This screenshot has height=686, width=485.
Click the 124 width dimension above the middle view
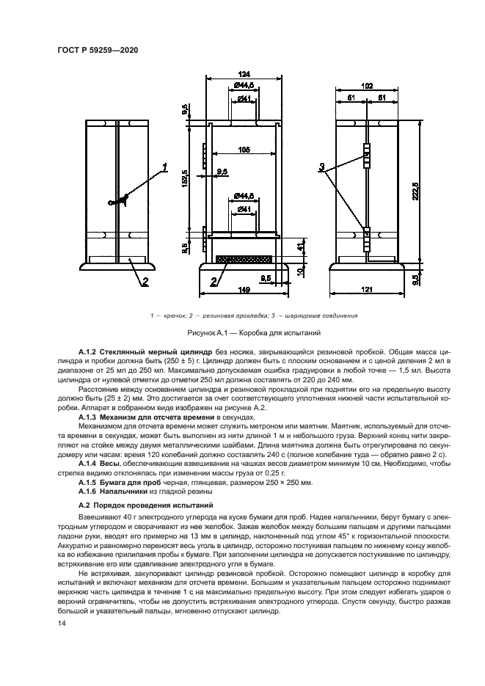(x=244, y=73)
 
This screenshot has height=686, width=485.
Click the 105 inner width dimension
(x=244, y=150)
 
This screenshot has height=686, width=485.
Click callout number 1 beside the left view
(x=165, y=167)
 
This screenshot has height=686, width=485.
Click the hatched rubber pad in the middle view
(x=245, y=259)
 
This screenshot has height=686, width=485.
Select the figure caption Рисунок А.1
(x=243, y=333)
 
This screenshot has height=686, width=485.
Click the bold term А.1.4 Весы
(x=101, y=464)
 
